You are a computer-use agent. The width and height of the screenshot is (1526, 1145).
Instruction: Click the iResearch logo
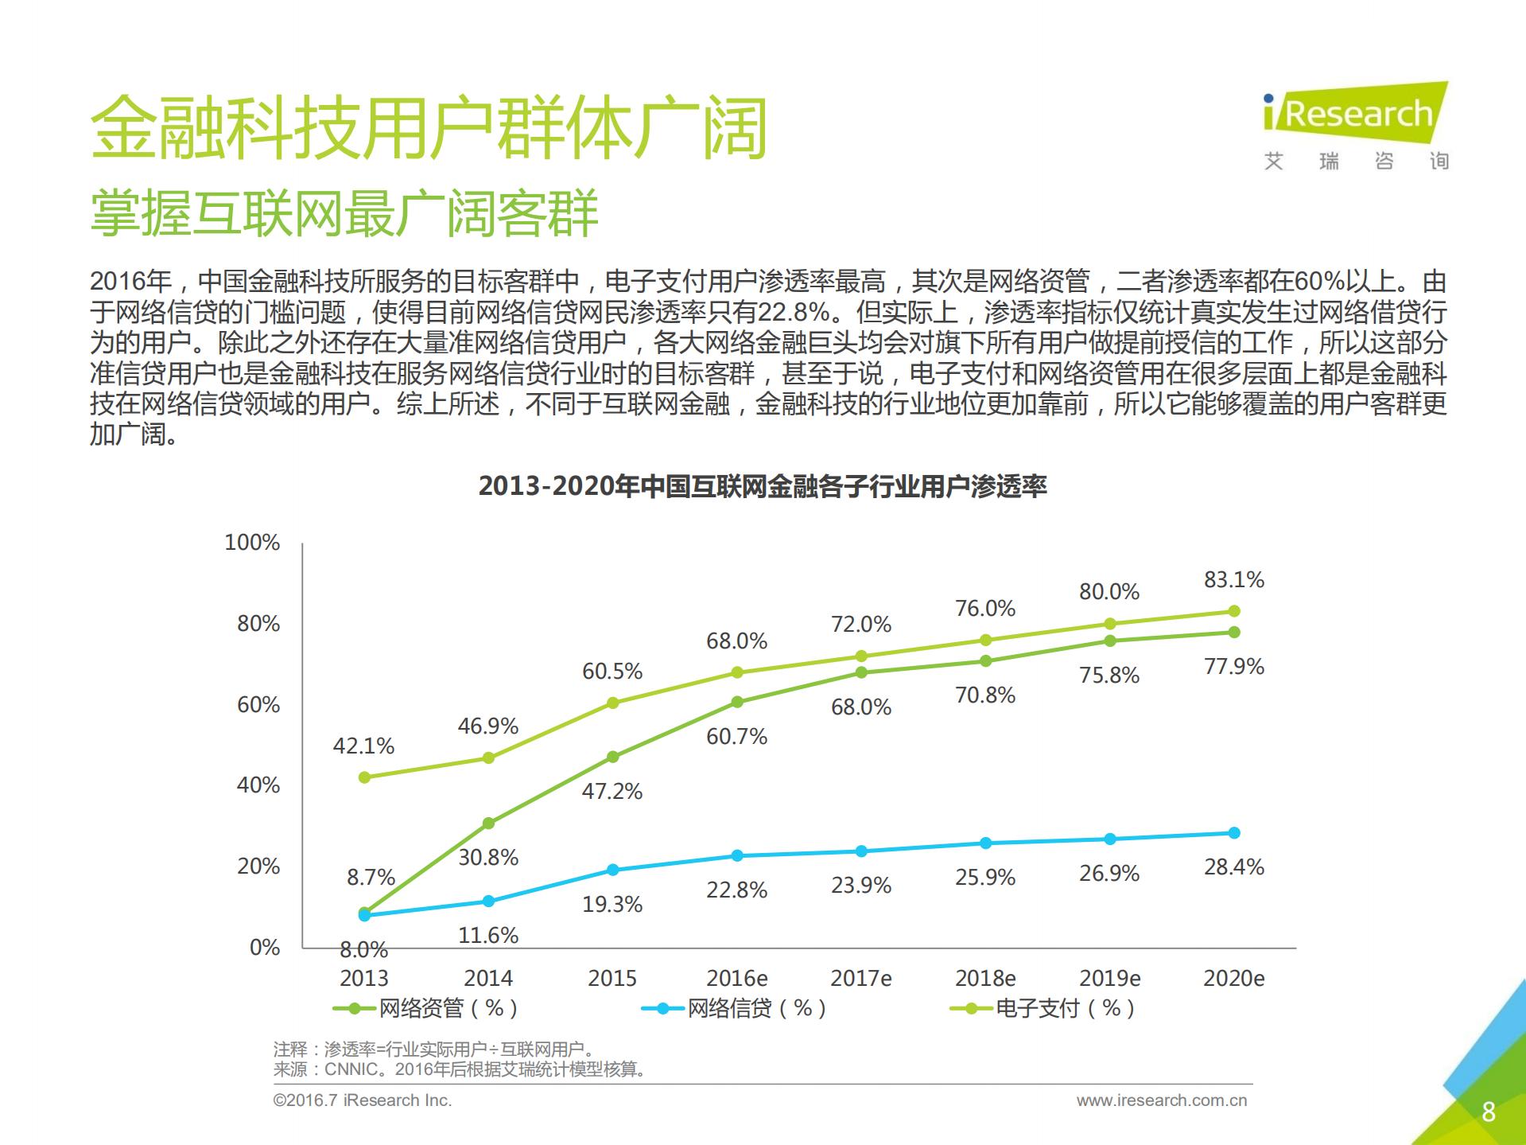1356,115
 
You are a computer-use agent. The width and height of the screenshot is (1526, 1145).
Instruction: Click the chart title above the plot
762,485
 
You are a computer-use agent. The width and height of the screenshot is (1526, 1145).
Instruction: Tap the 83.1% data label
1233,579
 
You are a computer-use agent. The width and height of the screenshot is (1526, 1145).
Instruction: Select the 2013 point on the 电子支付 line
364,777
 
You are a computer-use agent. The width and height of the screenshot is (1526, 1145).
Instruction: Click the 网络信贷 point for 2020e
1233,833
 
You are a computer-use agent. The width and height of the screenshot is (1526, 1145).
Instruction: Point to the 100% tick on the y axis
252,543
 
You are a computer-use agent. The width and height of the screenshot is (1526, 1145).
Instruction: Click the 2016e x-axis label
736,978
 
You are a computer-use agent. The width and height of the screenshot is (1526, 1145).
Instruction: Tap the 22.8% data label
736,890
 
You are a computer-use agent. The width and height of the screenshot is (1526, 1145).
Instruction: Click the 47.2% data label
612,791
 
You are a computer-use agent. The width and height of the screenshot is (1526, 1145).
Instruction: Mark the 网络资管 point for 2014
488,823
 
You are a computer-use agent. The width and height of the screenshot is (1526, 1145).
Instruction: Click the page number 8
1489,1112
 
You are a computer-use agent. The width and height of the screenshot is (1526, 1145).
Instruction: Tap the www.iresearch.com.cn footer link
1161,1100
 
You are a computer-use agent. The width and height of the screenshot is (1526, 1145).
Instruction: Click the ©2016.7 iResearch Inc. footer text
362,1100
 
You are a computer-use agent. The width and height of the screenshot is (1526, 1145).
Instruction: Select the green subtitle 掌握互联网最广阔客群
344,213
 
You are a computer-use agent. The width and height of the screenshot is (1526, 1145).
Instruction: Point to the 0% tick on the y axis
264,947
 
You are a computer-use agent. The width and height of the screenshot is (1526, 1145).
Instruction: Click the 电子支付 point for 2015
612,703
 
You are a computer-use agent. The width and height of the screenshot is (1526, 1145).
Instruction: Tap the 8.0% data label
363,949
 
